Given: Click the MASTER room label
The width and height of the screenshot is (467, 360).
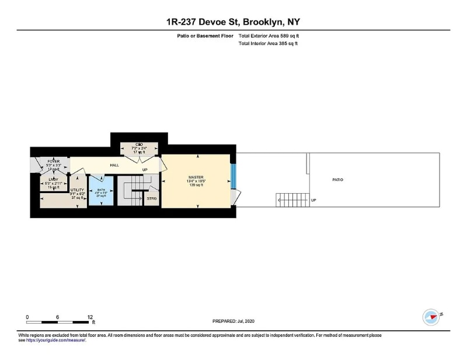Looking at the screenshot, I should (196, 177).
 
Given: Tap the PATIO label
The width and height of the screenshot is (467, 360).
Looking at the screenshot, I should (337, 180).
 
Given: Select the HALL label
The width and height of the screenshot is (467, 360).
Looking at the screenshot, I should (115, 166).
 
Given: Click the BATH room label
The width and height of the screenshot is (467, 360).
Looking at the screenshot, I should (101, 190).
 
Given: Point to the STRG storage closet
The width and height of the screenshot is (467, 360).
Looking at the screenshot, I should (152, 198).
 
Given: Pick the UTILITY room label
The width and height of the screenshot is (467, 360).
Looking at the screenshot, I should (78, 190).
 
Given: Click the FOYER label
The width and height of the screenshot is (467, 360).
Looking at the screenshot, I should (54, 161).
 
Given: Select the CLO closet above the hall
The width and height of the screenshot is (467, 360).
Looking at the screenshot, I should (139, 144).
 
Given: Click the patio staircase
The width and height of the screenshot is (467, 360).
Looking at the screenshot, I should (291, 200).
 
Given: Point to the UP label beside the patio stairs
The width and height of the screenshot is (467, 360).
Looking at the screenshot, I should (313, 200).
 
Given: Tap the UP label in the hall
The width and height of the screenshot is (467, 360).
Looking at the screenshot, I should (145, 170).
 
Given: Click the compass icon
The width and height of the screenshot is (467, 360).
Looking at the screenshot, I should (430, 317).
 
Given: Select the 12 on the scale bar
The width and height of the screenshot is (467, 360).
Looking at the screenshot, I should (89, 317).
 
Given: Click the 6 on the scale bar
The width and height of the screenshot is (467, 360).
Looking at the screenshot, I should (58, 317).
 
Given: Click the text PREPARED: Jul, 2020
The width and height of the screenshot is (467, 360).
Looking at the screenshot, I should (233, 321).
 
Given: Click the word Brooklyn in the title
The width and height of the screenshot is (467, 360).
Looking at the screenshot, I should (263, 22).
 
